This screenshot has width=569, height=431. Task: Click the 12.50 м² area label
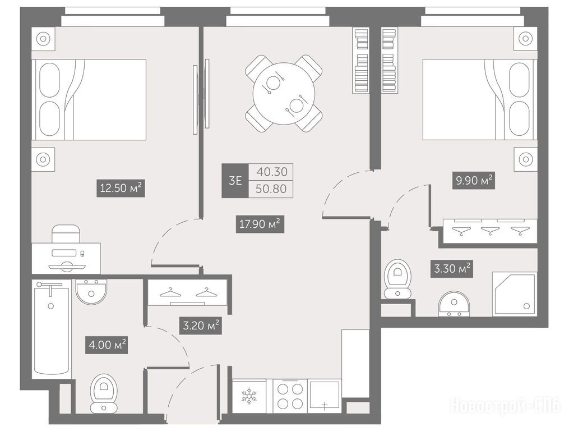tap(121, 188)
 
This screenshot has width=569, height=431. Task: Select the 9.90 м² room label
tap(474, 180)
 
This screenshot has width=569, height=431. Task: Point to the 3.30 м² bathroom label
tap(452, 269)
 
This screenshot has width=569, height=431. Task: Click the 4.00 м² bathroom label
tap(107, 344)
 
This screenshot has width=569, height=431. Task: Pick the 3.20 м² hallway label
tap(201, 325)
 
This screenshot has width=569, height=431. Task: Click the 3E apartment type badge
tap(235, 180)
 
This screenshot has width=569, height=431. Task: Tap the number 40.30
tap(272, 172)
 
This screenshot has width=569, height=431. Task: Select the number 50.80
tap(271, 189)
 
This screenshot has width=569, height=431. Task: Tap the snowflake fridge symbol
tap(249, 396)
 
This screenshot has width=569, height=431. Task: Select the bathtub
tap(51, 329)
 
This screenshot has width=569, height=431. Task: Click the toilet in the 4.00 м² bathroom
tap(104, 393)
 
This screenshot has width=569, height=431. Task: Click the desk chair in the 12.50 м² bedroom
tap(66, 233)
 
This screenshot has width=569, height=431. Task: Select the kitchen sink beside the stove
tap(324, 396)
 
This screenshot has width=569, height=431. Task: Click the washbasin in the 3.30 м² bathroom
tap(454, 303)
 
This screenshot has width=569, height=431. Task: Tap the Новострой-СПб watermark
tap(505, 405)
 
